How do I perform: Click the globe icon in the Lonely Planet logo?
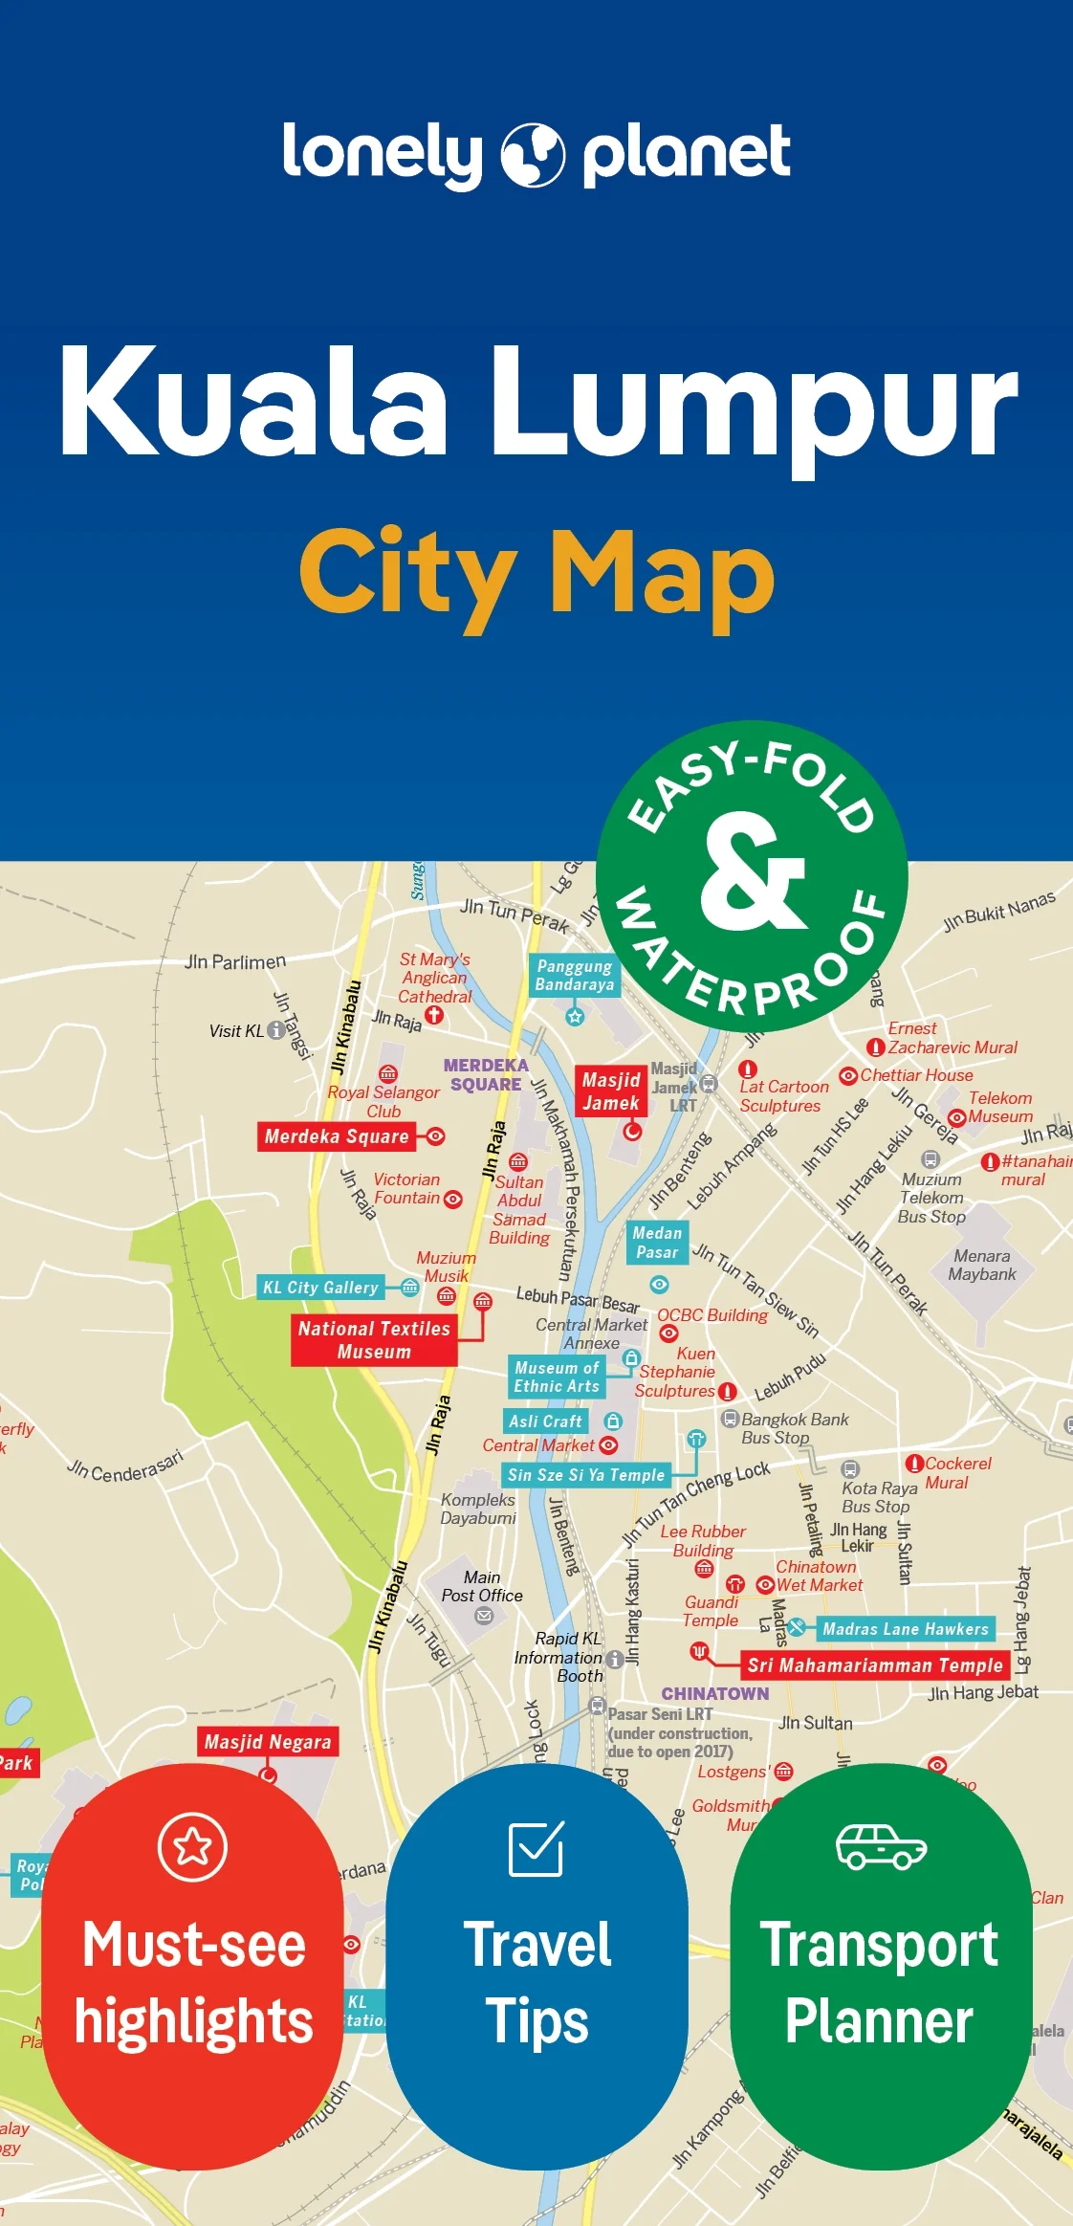pos(533,154)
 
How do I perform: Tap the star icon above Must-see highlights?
pos(192,1845)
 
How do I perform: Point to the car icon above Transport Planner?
pos(881,1846)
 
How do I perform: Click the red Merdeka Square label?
pos(337,1136)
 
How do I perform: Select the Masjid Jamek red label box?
pos(611,1091)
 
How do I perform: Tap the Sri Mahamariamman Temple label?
pos(875,1665)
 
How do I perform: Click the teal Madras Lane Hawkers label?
pos(905,1629)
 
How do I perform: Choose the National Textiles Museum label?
pos(374,1339)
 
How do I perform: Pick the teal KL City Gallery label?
pos(320,1288)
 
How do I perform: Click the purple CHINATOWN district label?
pos(715,1693)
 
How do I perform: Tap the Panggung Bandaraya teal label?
pos(574,976)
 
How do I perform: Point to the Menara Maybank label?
pos(981,1265)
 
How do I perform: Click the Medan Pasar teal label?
pos(657,1243)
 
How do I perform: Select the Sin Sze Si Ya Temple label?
pos(585,1474)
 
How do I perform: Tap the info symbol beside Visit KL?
pos(276,1030)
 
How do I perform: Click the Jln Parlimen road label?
pos(234,961)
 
